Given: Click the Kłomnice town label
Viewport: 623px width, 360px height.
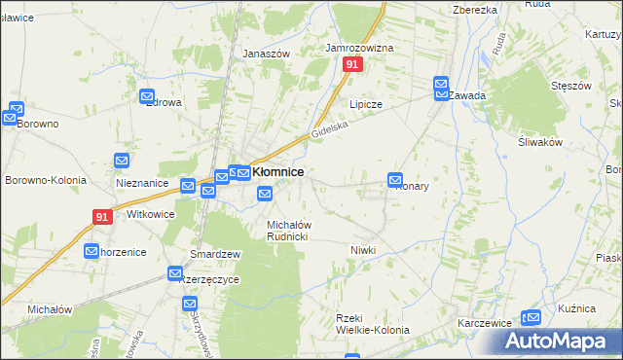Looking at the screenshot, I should point(278,172).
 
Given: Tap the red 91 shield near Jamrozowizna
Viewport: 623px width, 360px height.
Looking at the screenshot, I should point(352,64).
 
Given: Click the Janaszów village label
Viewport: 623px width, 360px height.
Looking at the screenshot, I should point(267,54).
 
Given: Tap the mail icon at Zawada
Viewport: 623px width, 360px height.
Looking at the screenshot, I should point(441,85).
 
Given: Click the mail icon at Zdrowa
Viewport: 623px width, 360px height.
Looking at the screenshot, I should point(148,97).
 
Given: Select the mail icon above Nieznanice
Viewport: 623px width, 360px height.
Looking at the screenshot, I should point(123,161).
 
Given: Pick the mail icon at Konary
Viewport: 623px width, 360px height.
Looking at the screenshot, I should point(395,179).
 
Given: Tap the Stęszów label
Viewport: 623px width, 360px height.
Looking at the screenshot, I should point(571,86).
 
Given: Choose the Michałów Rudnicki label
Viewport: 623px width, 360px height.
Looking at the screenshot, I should point(288,231).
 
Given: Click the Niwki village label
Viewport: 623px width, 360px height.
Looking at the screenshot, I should point(363,250).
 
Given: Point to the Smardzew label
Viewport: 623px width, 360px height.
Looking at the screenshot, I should point(215,254).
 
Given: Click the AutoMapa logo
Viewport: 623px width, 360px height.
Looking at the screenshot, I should point(562,341).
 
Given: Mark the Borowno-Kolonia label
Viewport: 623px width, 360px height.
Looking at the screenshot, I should point(46,180).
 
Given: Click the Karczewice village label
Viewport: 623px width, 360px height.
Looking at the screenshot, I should point(487,322).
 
